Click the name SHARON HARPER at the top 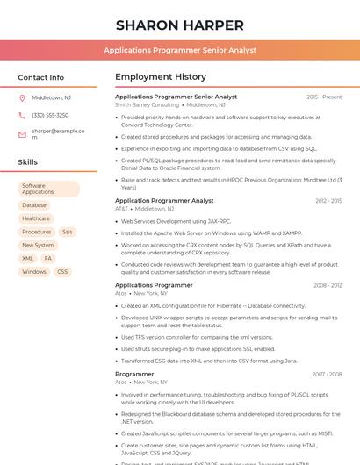tap(179, 25)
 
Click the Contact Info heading tap(40, 77)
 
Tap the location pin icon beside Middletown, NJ tap(22, 98)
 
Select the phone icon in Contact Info tap(22, 116)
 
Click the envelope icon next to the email tap(22, 133)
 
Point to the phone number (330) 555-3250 tap(50, 116)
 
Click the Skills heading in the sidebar tap(28, 162)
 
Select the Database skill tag tap(34, 205)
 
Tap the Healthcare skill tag tap(36, 218)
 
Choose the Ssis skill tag tap(68, 232)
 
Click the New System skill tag tap(38, 246)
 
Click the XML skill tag tap(27, 259)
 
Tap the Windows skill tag tap(34, 272)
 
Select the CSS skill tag tap(62, 272)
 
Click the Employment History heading tap(161, 77)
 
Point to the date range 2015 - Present tap(324, 97)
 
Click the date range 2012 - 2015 tap(328, 201)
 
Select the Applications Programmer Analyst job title tap(164, 201)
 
